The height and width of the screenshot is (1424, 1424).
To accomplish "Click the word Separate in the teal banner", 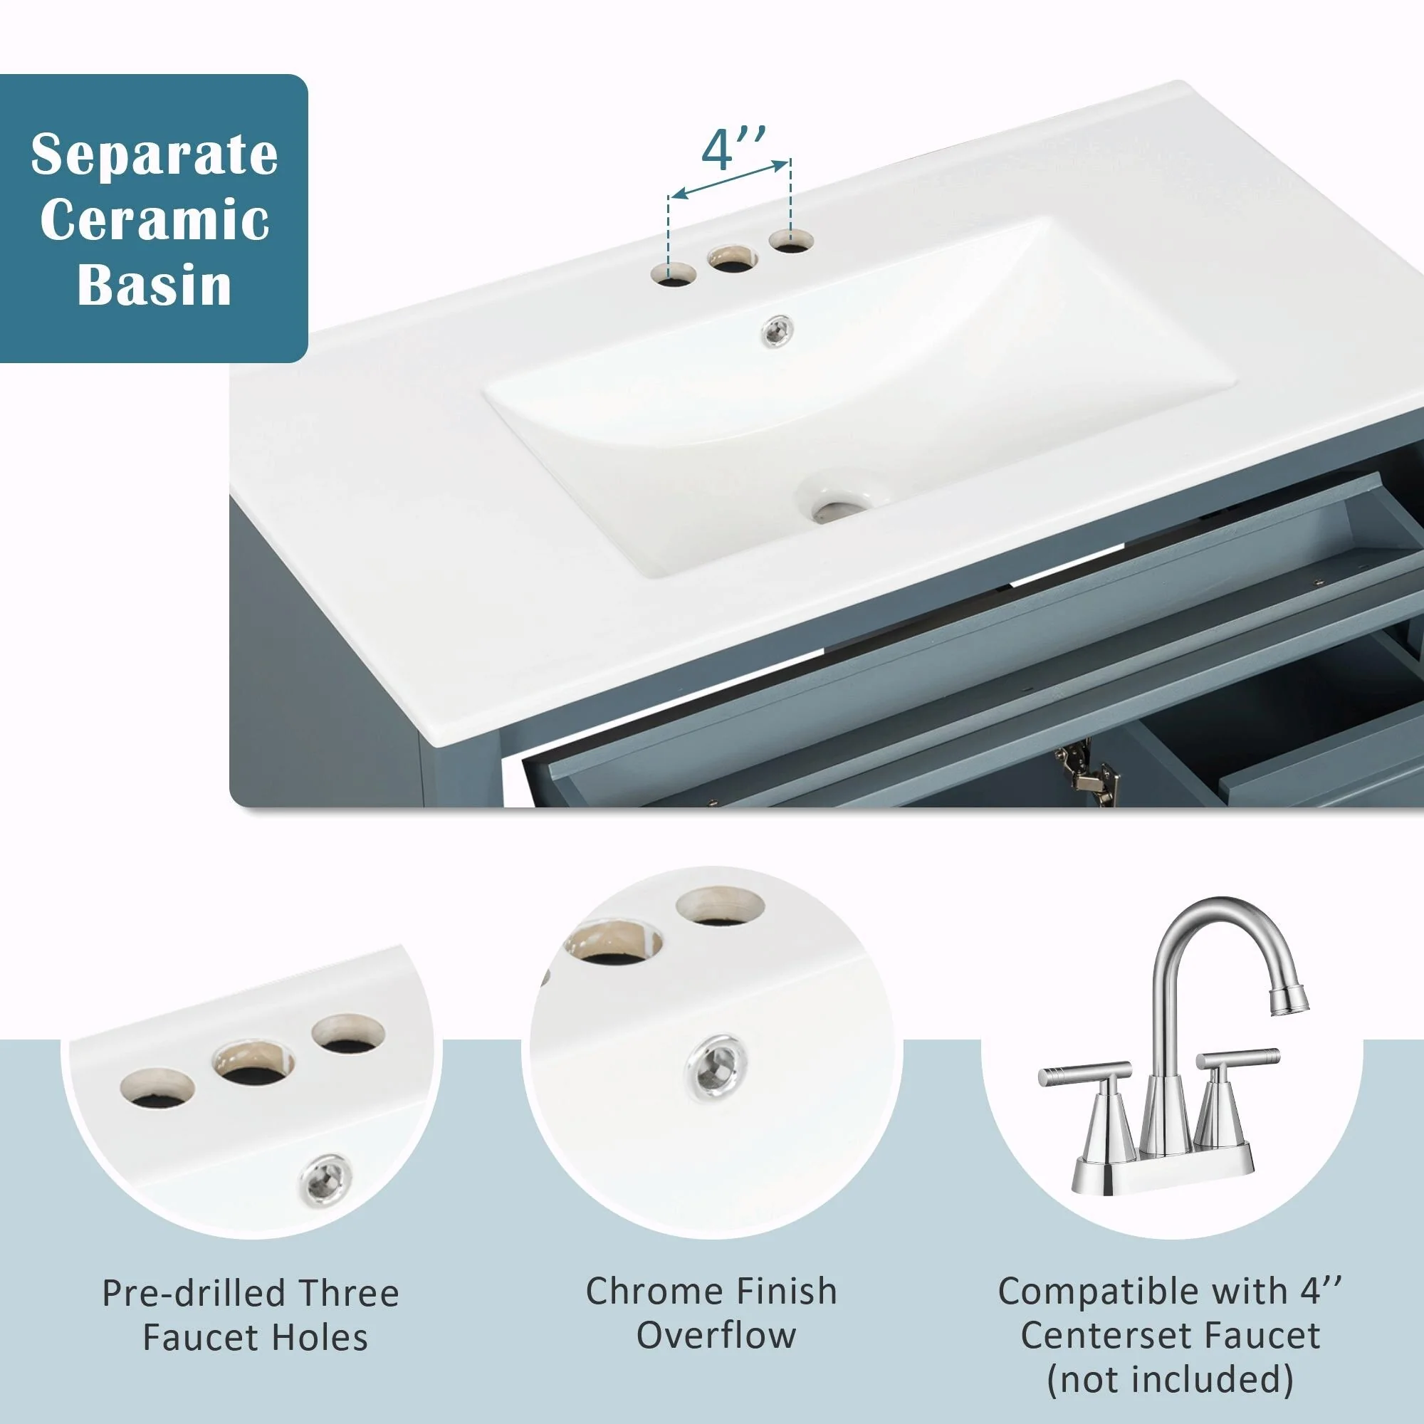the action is tap(154, 155).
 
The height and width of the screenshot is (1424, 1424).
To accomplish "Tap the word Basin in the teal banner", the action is tap(155, 285).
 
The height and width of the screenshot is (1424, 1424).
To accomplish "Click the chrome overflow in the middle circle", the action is tap(716, 1067).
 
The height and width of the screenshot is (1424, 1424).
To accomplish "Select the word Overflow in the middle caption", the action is tap(716, 1336).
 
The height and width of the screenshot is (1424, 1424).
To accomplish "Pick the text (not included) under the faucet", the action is tap(1170, 1380).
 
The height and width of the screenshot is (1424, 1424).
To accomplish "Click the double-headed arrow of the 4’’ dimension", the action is tap(730, 179).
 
